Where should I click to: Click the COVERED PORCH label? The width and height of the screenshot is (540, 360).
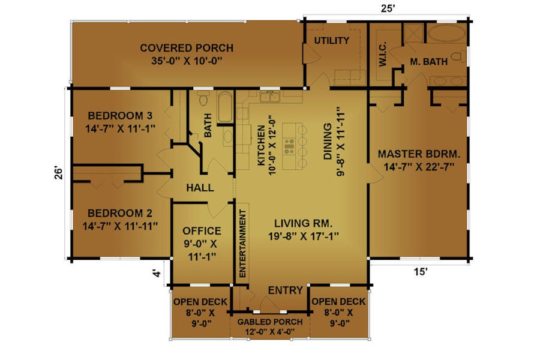[x=187, y=48]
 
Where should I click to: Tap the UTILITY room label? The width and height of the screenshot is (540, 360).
[x=332, y=40]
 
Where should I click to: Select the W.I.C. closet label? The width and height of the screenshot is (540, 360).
[x=383, y=54]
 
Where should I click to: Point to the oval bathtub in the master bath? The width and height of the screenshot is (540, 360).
[x=446, y=34]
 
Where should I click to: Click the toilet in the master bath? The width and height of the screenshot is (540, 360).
[x=458, y=56]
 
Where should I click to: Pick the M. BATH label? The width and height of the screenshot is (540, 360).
[x=429, y=62]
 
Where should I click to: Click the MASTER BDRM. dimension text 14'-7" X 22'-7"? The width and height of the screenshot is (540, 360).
[x=419, y=167]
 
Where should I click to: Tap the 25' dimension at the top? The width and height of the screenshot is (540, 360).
[x=388, y=8]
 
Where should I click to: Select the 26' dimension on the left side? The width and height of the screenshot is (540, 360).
[x=59, y=173]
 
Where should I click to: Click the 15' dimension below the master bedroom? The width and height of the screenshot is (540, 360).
[x=421, y=272]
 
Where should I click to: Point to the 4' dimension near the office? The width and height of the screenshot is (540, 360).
[x=157, y=274]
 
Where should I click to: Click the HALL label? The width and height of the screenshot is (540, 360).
[x=200, y=188]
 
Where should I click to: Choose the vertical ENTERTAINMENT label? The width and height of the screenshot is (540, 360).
[x=242, y=243]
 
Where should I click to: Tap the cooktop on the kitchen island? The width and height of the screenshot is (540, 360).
[x=289, y=146]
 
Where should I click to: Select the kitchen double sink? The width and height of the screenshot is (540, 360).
[x=270, y=97]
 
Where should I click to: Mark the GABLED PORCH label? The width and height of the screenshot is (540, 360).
[x=270, y=322]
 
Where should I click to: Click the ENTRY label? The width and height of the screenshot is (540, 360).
[x=286, y=290]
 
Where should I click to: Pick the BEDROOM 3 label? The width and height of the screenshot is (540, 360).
[x=120, y=115]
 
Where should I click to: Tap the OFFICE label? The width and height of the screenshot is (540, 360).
[x=202, y=231]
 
